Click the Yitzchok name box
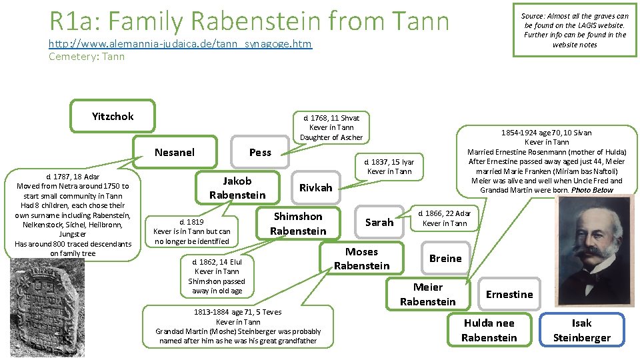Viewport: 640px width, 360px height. click(113, 116)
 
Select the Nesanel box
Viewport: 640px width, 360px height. click(175, 152)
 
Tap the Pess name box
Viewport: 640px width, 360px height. click(260, 152)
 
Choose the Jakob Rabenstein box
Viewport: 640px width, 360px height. click(237, 188)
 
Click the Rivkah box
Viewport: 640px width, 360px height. click(315, 188)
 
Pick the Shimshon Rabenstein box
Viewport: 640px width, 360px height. click(298, 223)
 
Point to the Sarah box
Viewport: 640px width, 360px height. click(379, 222)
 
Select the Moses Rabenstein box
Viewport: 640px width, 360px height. click(361, 259)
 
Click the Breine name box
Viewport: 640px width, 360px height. click(445, 258)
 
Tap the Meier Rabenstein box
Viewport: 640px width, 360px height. click(427, 294)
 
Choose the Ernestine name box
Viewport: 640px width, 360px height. click(509, 294)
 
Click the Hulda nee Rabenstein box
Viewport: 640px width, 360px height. click(489, 330)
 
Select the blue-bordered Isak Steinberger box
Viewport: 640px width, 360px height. click(581, 330)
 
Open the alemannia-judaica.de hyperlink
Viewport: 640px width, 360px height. click(180, 44)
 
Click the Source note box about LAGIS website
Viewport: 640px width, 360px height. click(574, 30)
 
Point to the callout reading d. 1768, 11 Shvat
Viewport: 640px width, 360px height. click(331, 127)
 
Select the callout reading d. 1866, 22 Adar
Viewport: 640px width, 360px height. click(444, 218)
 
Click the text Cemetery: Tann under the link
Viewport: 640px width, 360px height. click(87, 57)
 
